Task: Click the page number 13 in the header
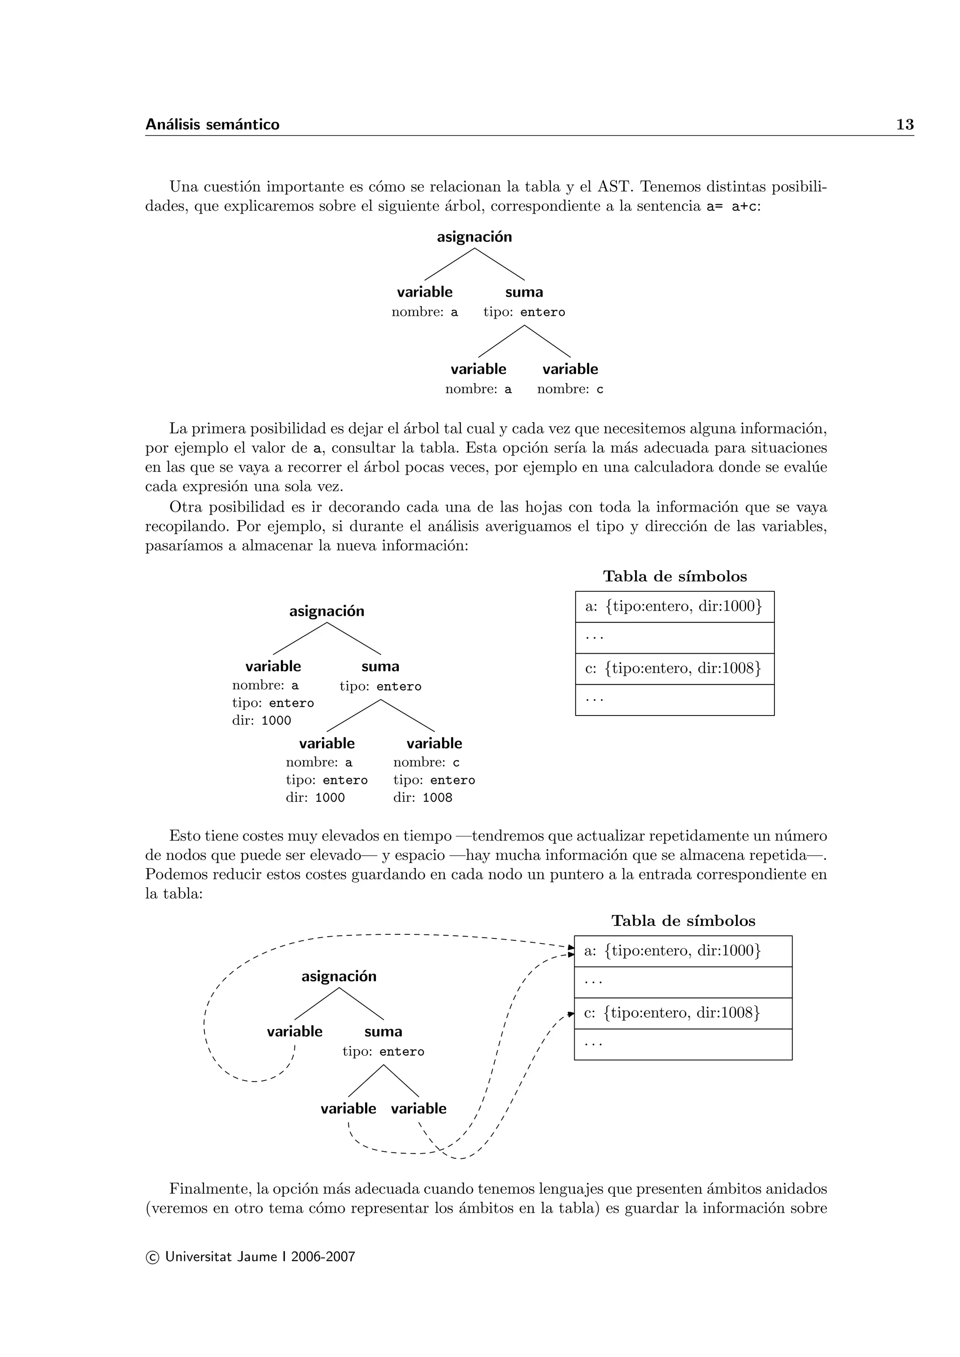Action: pyautogui.click(x=904, y=125)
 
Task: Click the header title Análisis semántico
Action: pyautogui.click(x=212, y=125)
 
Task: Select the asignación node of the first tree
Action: pyautogui.click(x=474, y=237)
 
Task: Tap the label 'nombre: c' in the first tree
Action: pyautogui.click(x=570, y=389)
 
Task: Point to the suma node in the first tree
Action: pyautogui.click(x=524, y=292)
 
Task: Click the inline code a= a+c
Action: pyautogui.click(x=731, y=207)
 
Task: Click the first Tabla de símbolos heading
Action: pyautogui.click(x=675, y=576)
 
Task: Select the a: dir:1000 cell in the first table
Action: pyautogui.click(x=674, y=606)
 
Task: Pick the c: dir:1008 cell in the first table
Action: pyautogui.click(x=674, y=669)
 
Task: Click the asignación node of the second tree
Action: pyautogui.click(x=326, y=611)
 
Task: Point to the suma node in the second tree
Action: pyautogui.click(x=380, y=667)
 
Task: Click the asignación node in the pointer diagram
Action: pyautogui.click(x=339, y=977)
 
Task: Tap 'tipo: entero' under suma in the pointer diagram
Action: pyautogui.click(x=383, y=1052)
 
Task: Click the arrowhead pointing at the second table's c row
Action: pyautogui.click(x=570, y=1014)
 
